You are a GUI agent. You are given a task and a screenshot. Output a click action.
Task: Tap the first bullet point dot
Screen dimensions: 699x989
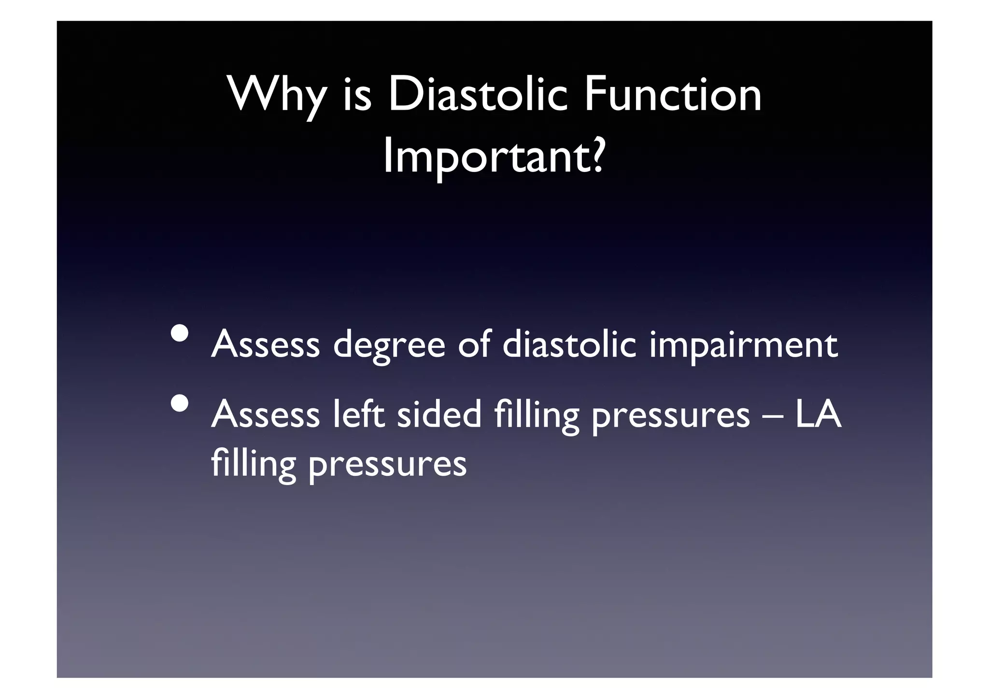pos(179,334)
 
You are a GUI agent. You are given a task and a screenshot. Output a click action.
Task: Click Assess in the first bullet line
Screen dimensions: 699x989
pos(266,344)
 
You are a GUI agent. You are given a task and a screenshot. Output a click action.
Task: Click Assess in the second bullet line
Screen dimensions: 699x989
pos(266,414)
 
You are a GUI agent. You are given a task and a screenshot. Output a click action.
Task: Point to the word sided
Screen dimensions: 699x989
pos(439,414)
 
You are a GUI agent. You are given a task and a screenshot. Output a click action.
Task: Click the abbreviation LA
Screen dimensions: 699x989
pos(818,414)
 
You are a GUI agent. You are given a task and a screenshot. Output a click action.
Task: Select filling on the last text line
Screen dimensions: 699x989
pos(253,464)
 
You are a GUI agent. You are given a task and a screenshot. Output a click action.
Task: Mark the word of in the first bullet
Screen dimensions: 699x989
pos(474,344)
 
